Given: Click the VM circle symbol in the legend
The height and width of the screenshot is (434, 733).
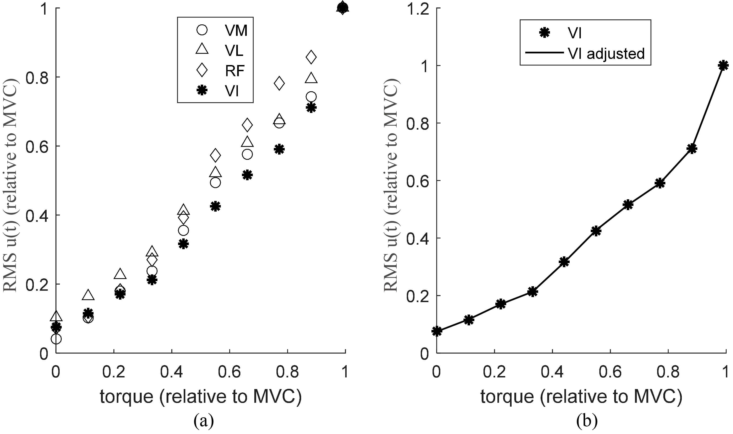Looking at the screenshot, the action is tap(202, 30).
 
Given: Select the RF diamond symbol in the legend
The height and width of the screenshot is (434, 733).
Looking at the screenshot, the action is tap(202, 70).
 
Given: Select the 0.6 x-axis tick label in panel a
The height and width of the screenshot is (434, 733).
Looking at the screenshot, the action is tap(230, 372).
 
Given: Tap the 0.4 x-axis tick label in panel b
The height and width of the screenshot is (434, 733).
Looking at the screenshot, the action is tap(552, 372).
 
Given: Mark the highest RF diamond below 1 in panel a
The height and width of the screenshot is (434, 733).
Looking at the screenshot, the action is tap(311, 57).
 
